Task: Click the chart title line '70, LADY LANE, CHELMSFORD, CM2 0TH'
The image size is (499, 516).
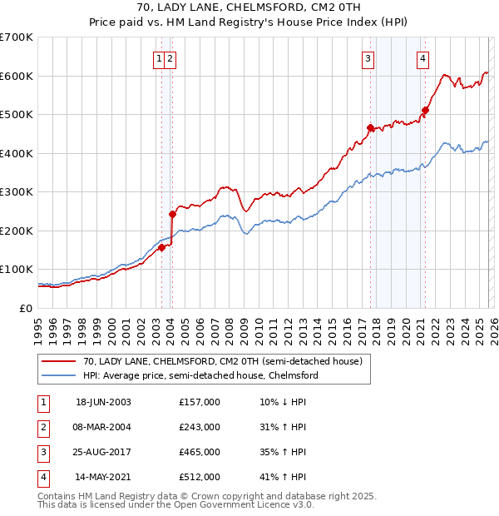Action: point(249,7)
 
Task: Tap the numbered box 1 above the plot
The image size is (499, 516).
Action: point(158,58)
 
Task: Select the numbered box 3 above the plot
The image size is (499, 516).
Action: point(368,58)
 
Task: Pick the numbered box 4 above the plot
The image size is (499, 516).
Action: point(423,58)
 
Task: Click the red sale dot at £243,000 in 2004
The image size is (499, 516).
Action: point(172,214)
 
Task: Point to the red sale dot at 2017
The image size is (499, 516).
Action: point(370,127)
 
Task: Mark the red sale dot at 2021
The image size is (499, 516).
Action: point(425,110)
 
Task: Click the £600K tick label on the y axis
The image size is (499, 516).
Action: point(17,76)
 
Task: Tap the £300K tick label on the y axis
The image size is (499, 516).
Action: point(17,192)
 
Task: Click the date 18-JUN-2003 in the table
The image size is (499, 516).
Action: point(103,402)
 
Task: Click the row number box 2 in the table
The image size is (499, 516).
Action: point(40,427)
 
